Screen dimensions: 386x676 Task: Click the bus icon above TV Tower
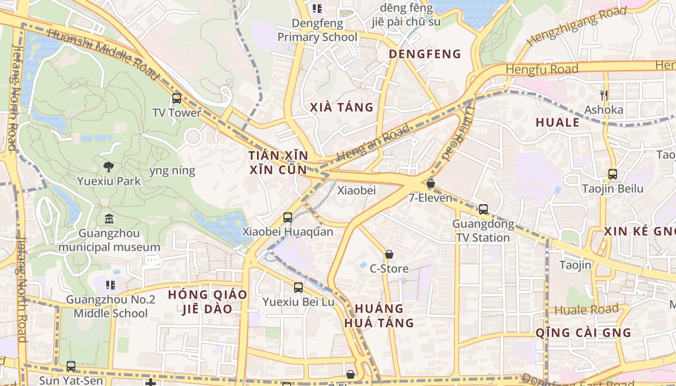(x=177, y=98)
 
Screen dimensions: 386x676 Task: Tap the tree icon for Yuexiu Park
(x=109, y=167)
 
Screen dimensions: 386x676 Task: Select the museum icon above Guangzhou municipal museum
(x=109, y=219)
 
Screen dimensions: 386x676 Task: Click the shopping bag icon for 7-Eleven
(x=431, y=183)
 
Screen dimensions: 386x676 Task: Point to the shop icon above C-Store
(x=389, y=254)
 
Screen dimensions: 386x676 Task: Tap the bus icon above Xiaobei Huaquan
(x=288, y=218)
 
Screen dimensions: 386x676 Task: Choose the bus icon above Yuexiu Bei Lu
(x=298, y=288)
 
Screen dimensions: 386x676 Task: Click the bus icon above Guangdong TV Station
(x=483, y=209)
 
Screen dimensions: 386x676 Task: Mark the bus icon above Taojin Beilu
(x=613, y=174)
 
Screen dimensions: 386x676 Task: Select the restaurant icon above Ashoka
(x=604, y=95)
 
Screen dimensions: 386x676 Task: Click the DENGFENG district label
(x=425, y=54)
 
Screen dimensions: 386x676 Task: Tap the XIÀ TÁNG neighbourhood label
(x=342, y=107)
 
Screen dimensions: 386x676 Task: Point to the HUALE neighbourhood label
(x=557, y=123)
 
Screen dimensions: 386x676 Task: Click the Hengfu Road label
(x=542, y=69)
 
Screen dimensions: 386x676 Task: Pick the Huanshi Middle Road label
(x=103, y=54)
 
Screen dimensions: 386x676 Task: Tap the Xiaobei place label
(x=356, y=191)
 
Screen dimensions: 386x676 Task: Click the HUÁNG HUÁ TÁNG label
(x=379, y=316)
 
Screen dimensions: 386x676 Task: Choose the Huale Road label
(x=586, y=310)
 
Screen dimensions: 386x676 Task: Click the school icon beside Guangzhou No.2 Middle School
(x=111, y=285)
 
